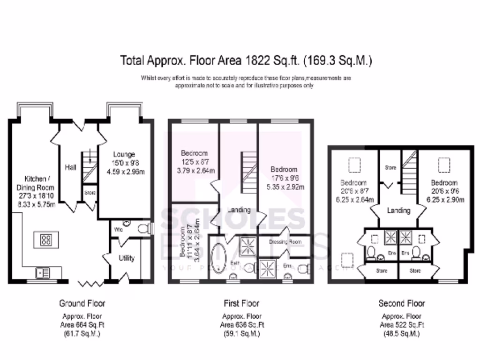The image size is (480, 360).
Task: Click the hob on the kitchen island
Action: tap(46, 240)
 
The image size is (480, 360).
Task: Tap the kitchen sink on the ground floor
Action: tap(43, 271)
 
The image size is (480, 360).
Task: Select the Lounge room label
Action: tap(124, 154)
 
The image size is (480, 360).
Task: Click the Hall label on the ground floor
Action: tap(70, 166)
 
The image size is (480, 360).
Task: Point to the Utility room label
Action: tap(126, 258)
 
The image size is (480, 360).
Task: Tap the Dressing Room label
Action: tap(285, 242)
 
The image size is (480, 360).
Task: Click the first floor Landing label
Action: tap(239, 210)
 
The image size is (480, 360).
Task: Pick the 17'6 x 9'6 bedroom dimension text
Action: tap(284, 178)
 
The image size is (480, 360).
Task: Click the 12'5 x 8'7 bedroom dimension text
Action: tap(194, 162)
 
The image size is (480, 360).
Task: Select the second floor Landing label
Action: tap(398, 210)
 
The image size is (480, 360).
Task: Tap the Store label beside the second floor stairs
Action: tap(390, 167)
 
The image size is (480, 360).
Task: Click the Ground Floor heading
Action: tap(82, 303)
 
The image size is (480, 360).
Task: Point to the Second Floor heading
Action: tap(401, 303)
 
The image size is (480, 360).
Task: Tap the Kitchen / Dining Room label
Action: tap(36, 182)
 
